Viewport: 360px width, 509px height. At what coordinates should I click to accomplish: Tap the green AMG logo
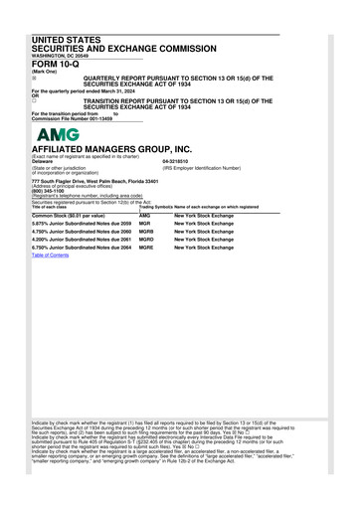(x=58, y=134)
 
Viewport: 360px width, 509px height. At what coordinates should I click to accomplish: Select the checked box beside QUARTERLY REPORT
(x=34, y=77)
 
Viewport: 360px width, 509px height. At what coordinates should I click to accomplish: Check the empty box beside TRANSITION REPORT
(x=34, y=99)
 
